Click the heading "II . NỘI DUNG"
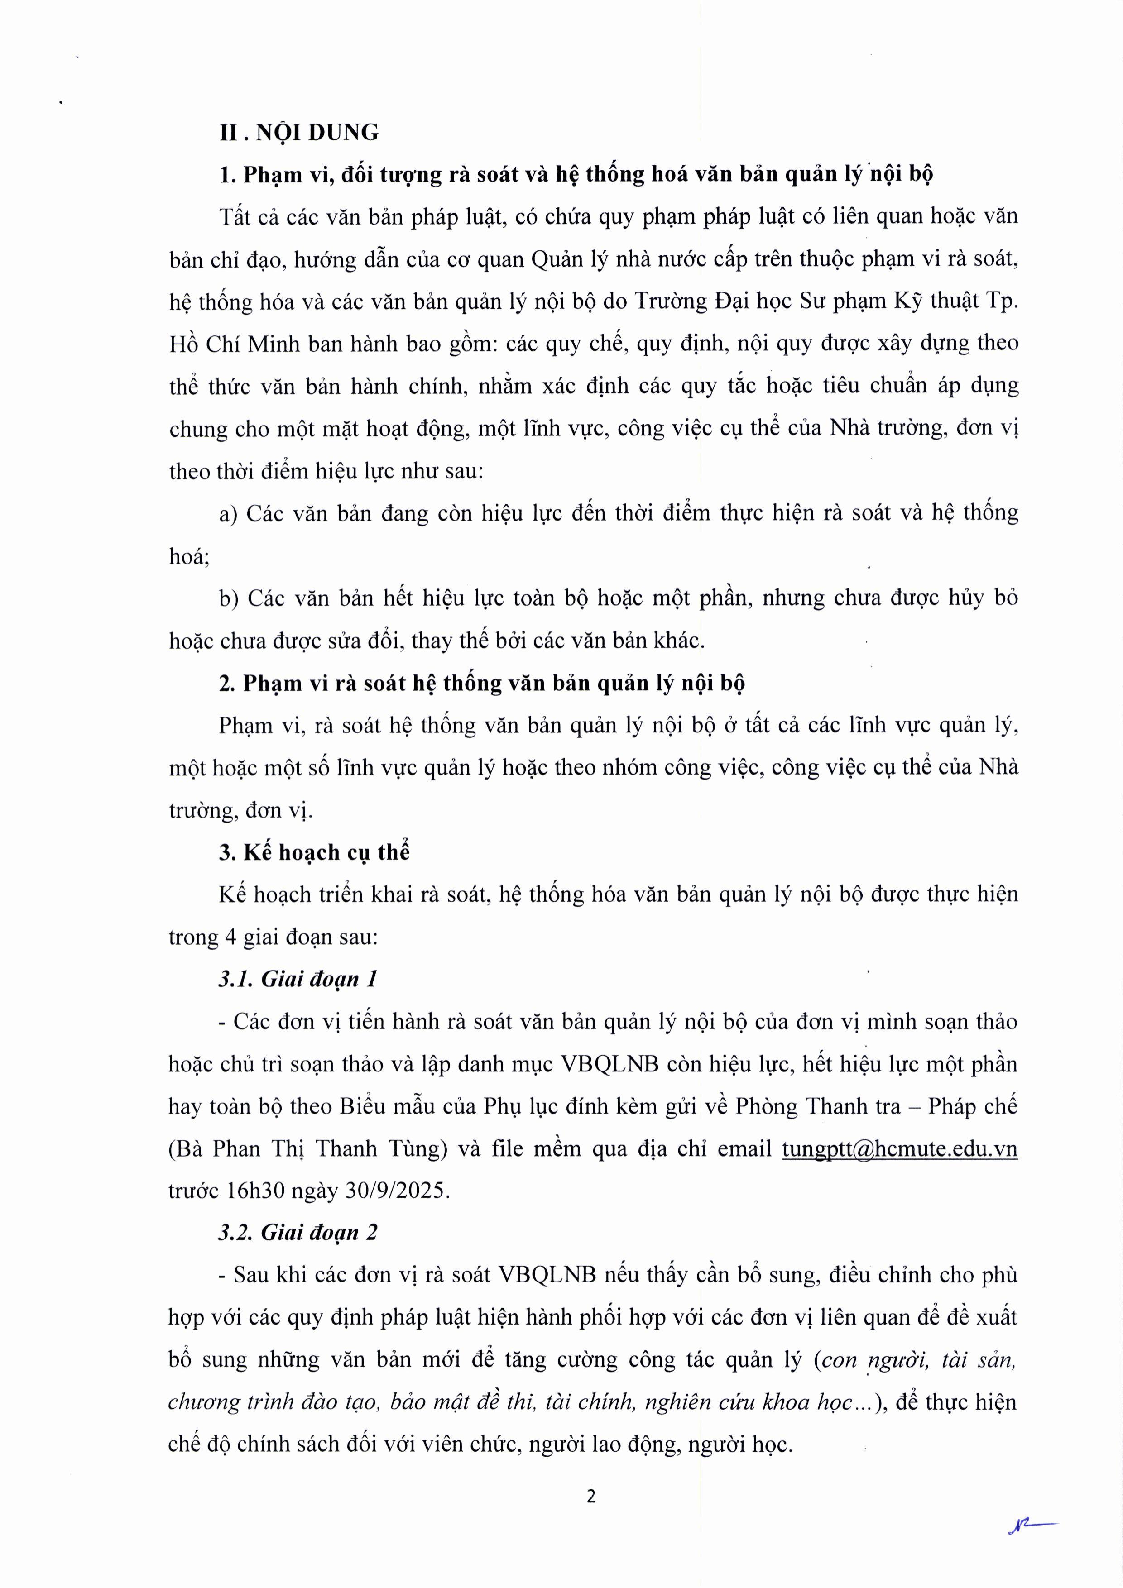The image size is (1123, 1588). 299,132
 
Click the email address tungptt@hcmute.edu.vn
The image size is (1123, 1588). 899,1149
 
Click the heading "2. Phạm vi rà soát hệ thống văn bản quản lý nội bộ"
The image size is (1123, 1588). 482,684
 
